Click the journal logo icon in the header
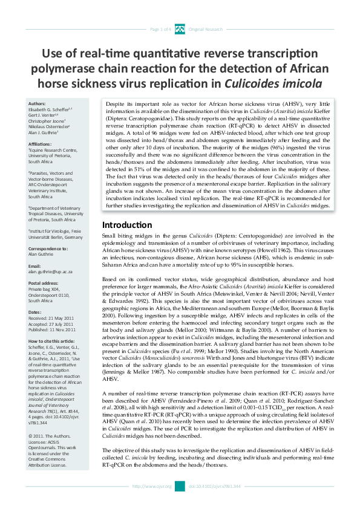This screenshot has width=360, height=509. click(180, 28)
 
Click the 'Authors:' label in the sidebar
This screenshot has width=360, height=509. click(36, 103)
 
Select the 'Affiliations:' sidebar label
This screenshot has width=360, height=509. click(40, 144)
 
